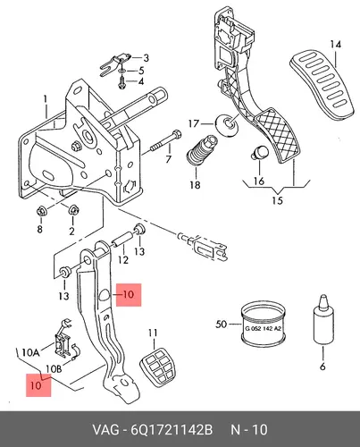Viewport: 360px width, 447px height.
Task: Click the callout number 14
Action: pyautogui.click(x=335, y=45)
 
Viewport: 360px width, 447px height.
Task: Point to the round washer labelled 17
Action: pyautogui.click(x=227, y=125)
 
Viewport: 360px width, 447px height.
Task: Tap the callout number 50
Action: pyautogui.click(x=222, y=324)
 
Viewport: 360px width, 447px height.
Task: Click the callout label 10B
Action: pyautogui.click(x=54, y=369)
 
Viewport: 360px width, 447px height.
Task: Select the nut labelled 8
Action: pyautogui.click(x=40, y=212)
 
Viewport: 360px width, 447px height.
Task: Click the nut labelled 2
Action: pyautogui.click(x=71, y=210)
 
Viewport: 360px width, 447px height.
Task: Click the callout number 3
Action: pyautogui.click(x=146, y=58)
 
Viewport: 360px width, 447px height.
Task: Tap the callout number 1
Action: pyautogui.click(x=46, y=99)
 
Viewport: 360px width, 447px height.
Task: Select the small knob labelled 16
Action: pyautogui.click(x=260, y=152)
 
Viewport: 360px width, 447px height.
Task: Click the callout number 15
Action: pyautogui.click(x=277, y=200)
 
